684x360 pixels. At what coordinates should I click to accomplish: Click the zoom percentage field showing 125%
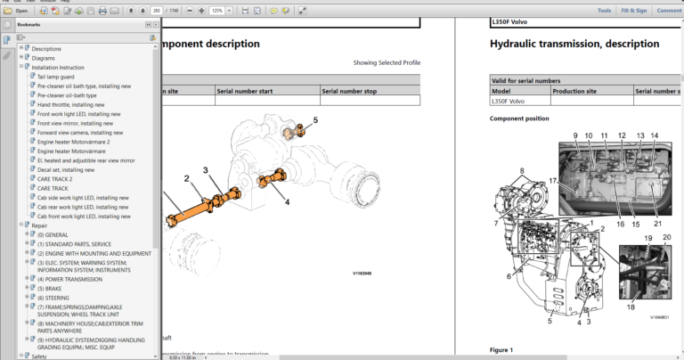click(x=216, y=11)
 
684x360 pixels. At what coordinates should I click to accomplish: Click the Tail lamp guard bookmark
click(x=56, y=77)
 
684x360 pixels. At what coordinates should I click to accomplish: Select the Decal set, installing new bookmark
click(x=65, y=169)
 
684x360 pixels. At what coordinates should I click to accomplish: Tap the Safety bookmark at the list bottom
click(x=39, y=356)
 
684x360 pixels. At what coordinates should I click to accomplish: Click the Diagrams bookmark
click(x=44, y=58)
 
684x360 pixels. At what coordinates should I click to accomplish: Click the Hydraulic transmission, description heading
click(x=574, y=44)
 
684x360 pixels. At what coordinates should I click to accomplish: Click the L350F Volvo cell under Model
click(x=508, y=102)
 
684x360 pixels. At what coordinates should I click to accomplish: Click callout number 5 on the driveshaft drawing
click(x=314, y=119)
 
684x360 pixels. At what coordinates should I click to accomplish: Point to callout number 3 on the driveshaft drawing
click(x=205, y=170)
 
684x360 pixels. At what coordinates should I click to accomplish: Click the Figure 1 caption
click(x=501, y=349)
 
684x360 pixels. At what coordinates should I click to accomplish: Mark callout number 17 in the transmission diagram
click(x=552, y=181)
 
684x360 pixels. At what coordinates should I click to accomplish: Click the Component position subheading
click(x=519, y=118)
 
